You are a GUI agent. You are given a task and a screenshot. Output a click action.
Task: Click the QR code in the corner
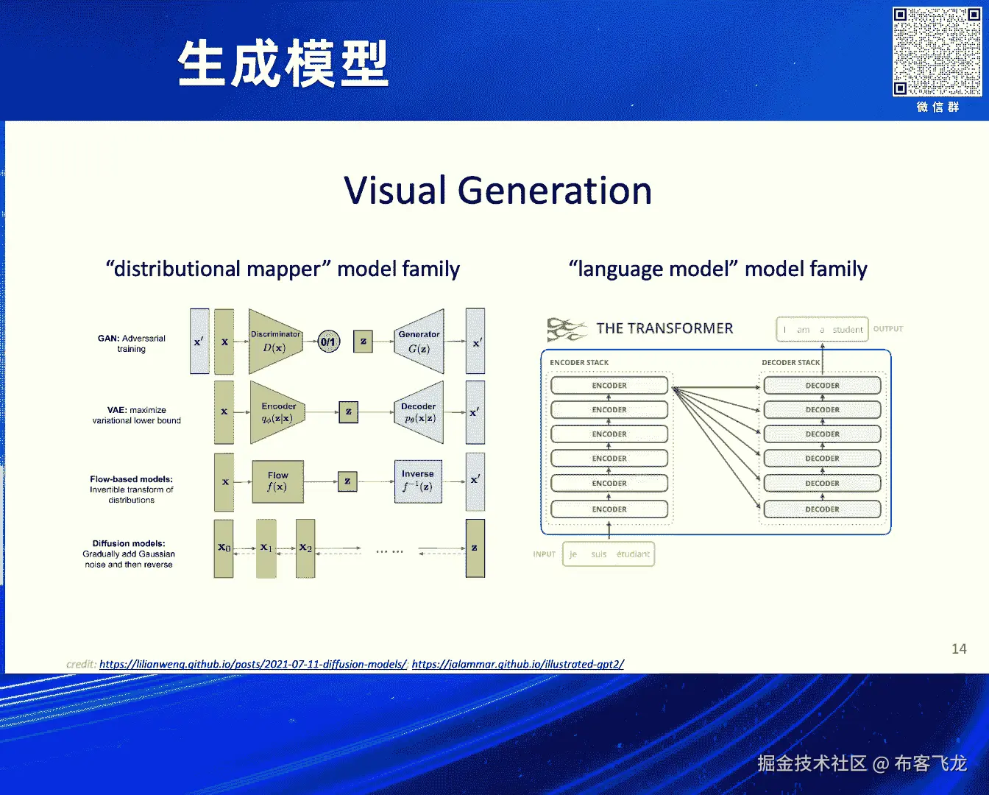[937, 52]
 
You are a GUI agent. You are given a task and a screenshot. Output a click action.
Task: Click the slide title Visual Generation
[497, 191]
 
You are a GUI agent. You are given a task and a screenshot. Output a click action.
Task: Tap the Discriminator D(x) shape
[275, 342]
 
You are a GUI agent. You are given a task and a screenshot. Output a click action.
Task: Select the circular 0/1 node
[328, 342]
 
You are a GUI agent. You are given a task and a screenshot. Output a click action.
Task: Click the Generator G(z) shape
[419, 342]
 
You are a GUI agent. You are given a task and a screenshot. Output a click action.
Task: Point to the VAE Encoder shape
[277, 412]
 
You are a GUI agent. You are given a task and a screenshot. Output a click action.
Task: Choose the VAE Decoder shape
[419, 412]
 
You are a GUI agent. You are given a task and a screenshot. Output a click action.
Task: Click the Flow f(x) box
[277, 481]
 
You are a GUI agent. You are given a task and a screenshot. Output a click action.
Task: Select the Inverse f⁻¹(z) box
[418, 481]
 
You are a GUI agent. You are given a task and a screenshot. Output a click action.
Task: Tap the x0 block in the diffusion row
[224, 548]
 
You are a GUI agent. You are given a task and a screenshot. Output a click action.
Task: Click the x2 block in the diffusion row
[305, 548]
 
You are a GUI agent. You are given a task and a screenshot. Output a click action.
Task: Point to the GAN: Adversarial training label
[132, 344]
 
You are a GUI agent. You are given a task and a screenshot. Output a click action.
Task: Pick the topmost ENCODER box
[609, 386]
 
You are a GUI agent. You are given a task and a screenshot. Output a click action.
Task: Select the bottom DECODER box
[822, 509]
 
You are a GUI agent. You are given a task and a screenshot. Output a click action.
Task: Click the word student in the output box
[848, 330]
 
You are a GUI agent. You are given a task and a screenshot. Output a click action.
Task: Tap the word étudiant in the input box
[633, 554]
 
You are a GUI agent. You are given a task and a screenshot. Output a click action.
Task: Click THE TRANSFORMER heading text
[664, 328]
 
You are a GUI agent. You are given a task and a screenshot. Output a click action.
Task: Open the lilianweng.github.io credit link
[253, 664]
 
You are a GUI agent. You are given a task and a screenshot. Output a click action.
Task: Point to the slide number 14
[959, 649]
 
